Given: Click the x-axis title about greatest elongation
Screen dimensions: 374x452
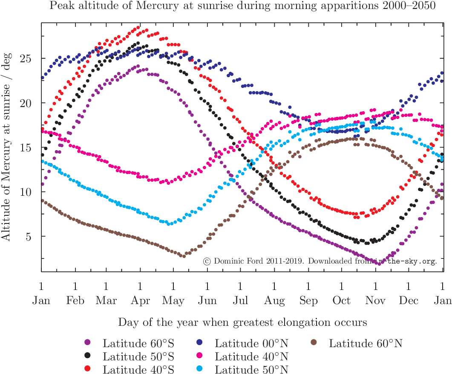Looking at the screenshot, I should point(242,322).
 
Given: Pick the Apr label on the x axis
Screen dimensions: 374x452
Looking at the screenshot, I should point(140,301).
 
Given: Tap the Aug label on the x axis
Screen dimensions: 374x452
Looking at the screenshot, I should point(274,301).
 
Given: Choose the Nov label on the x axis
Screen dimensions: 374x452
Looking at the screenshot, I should point(375,301).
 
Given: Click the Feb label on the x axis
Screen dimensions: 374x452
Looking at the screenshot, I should point(75,301).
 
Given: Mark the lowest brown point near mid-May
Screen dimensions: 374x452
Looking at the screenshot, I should point(183,256).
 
